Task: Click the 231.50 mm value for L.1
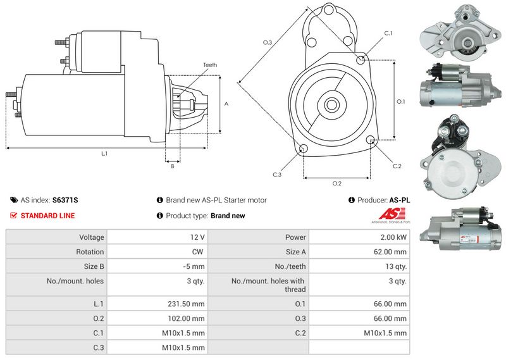click(186, 304)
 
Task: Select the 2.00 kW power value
click(393, 237)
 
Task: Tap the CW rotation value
click(197, 252)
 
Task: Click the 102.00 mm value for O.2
click(186, 319)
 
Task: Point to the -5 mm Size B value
click(194, 266)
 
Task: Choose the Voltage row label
click(92, 237)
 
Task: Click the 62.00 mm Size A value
click(390, 252)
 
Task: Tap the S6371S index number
click(65, 200)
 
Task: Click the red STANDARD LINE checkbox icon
click(13, 215)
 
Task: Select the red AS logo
click(392, 214)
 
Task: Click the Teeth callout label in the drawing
click(210, 65)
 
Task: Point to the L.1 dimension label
click(104, 154)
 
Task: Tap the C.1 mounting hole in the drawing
click(361, 59)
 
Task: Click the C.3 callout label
click(277, 175)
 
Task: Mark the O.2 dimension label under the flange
click(337, 183)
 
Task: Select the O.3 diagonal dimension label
click(267, 42)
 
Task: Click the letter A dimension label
click(226, 104)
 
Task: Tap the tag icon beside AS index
click(14, 200)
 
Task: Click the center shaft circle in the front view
click(331, 104)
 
